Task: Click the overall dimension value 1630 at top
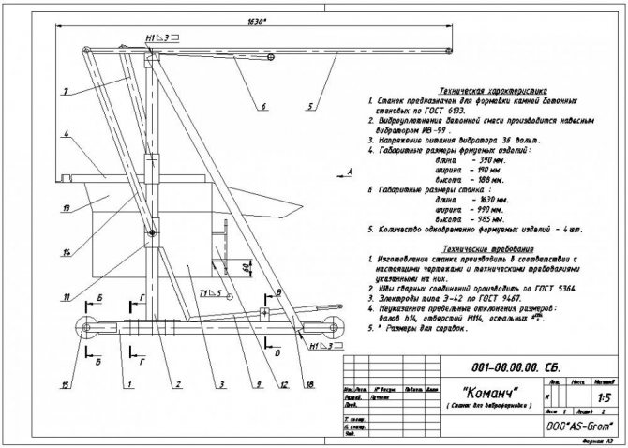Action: [248, 19]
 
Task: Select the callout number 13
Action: [66, 206]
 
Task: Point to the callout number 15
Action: [65, 382]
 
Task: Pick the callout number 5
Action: [307, 94]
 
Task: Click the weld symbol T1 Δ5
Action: [210, 294]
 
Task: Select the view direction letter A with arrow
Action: [348, 172]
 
